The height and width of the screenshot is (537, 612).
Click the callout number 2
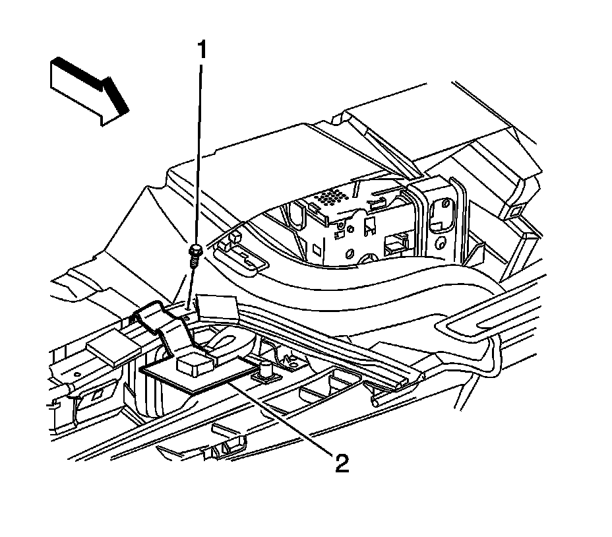(x=341, y=464)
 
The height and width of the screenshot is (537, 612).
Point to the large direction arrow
(x=90, y=89)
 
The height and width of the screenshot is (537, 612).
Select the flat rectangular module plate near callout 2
(x=198, y=376)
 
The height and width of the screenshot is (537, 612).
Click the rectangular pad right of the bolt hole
(x=217, y=305)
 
